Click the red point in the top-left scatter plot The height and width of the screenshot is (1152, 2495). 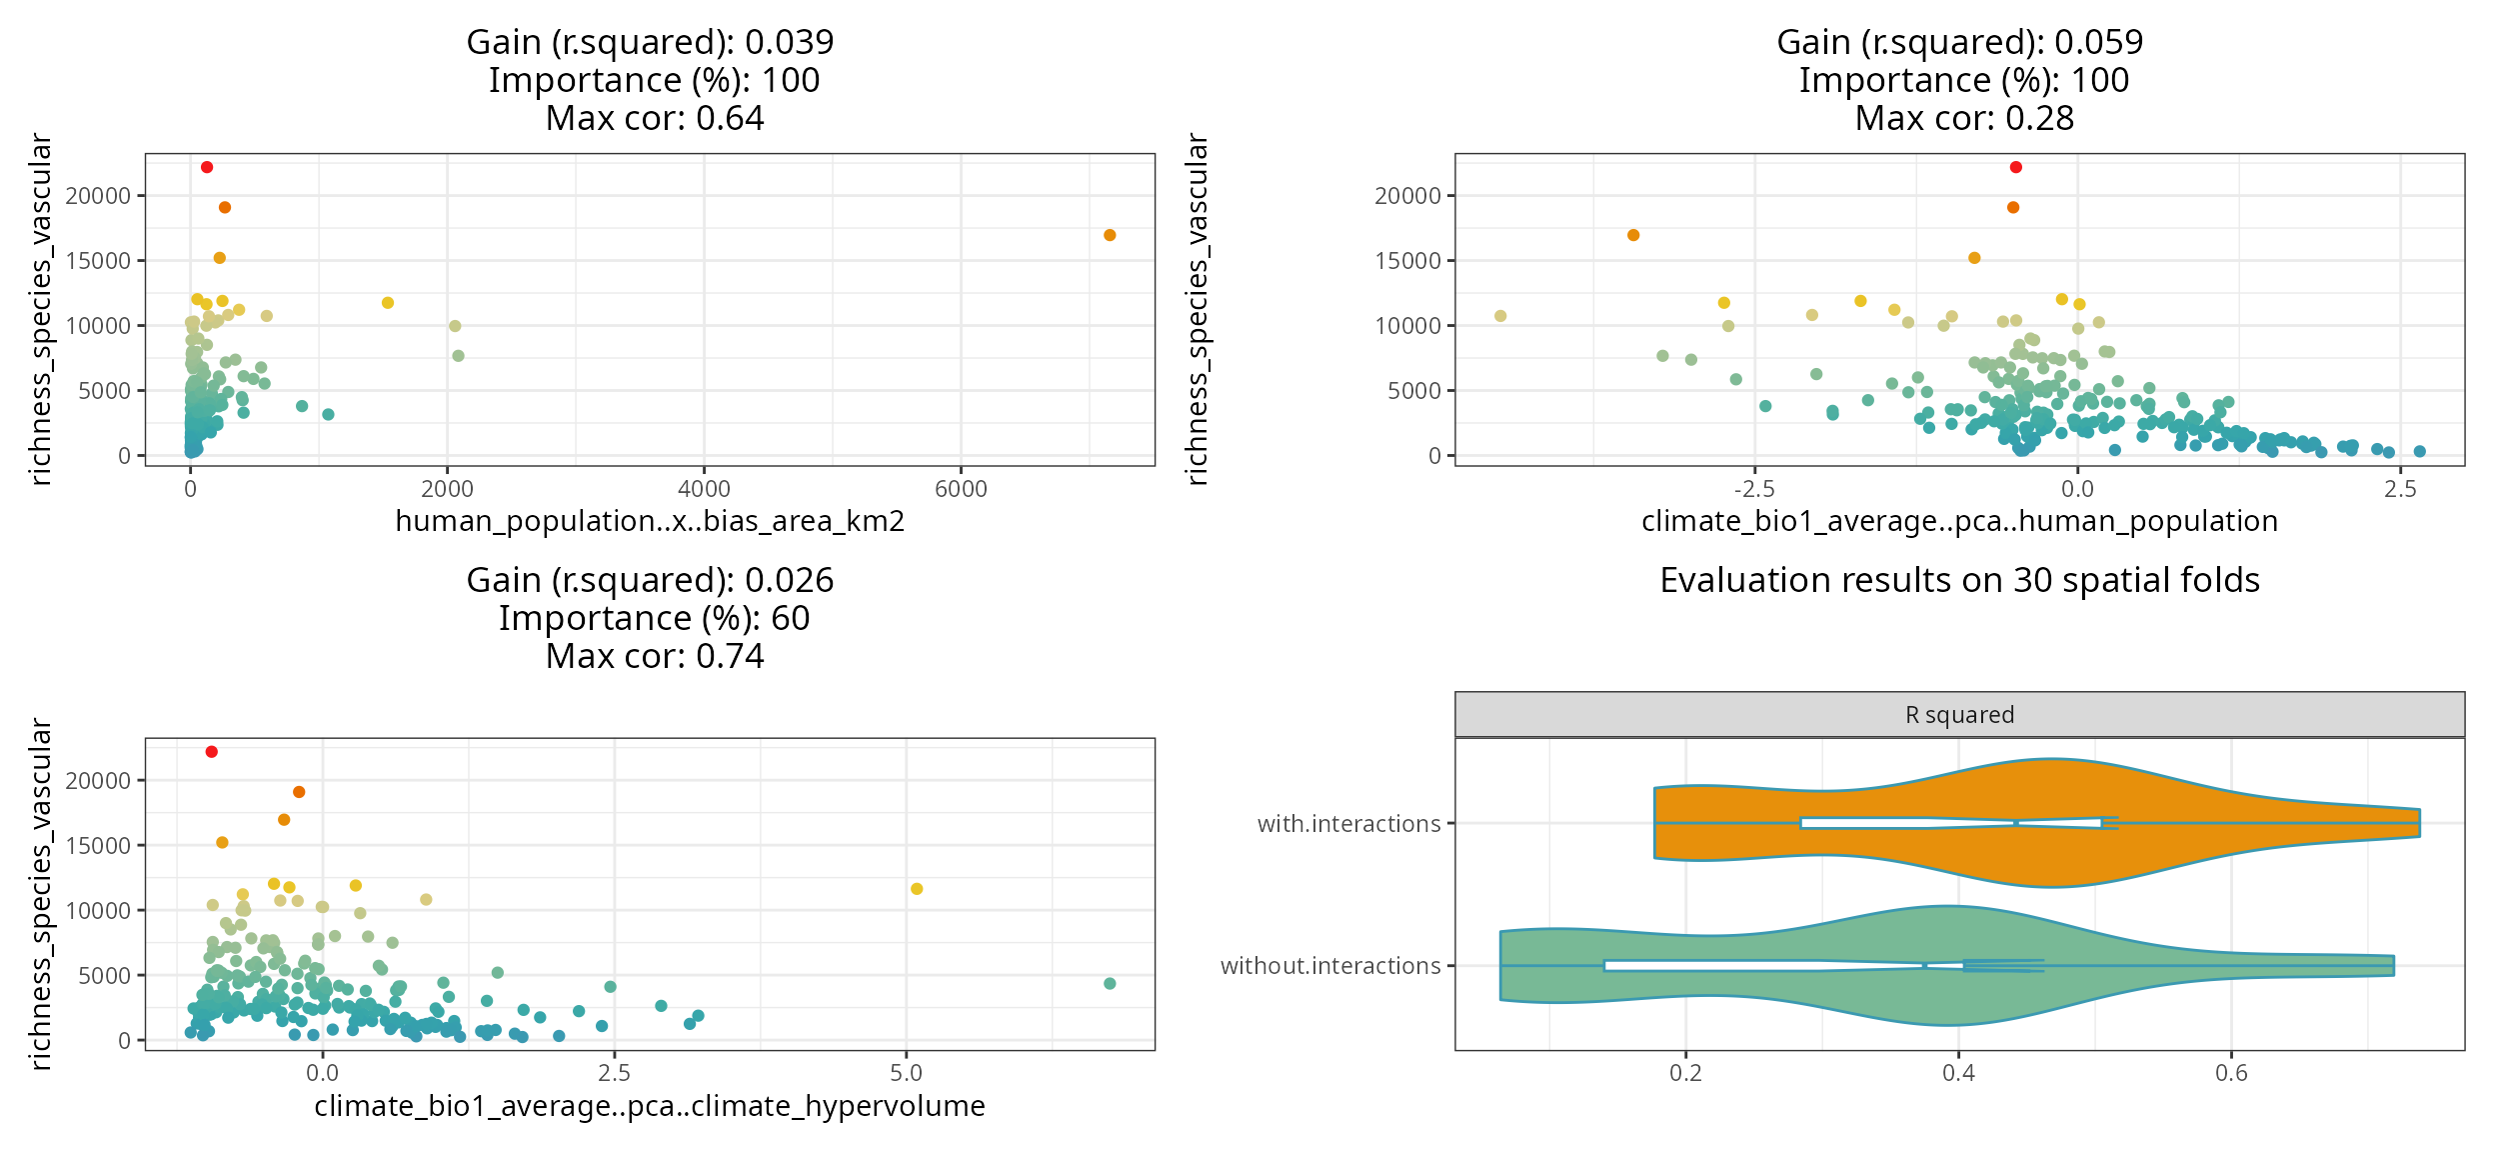207,167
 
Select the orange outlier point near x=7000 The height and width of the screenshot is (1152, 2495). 1110,235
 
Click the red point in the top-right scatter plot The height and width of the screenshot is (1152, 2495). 2016,167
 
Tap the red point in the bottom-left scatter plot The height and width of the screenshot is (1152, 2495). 211,752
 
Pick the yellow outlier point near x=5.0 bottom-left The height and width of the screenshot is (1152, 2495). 917,889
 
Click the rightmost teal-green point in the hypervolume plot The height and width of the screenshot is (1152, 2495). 1110,984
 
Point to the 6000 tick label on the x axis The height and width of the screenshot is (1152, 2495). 961,489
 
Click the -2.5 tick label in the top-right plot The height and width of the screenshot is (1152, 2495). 1754,489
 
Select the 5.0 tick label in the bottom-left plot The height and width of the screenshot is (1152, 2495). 906,1074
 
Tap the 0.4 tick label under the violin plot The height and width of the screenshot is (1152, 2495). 1958,1074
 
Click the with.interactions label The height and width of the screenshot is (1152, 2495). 1348,824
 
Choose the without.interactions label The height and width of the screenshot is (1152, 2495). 1330,966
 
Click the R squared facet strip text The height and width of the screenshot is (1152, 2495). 1959,715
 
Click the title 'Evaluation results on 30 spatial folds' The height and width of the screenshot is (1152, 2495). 1959,580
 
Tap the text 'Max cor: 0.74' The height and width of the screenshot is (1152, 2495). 655,656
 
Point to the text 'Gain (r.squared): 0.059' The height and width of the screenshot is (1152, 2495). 1959,42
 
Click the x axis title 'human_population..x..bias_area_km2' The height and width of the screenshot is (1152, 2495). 650,521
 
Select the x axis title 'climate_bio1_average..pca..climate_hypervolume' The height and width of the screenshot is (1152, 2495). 650,1106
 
